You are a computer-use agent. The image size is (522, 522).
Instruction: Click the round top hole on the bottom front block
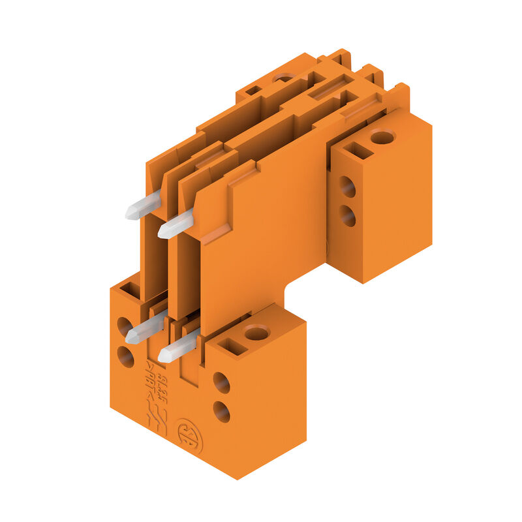coord(257,333)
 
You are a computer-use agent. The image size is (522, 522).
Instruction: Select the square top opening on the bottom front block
coord(232,346)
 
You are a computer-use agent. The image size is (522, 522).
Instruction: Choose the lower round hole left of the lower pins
coord(125,356)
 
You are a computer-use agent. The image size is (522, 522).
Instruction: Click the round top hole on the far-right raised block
coord(382,137)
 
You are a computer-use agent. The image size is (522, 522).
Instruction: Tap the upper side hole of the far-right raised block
coord(347,187)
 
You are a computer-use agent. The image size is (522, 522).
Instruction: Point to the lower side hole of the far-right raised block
coord(347,215)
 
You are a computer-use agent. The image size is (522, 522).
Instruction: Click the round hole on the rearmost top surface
coord(283,78)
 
